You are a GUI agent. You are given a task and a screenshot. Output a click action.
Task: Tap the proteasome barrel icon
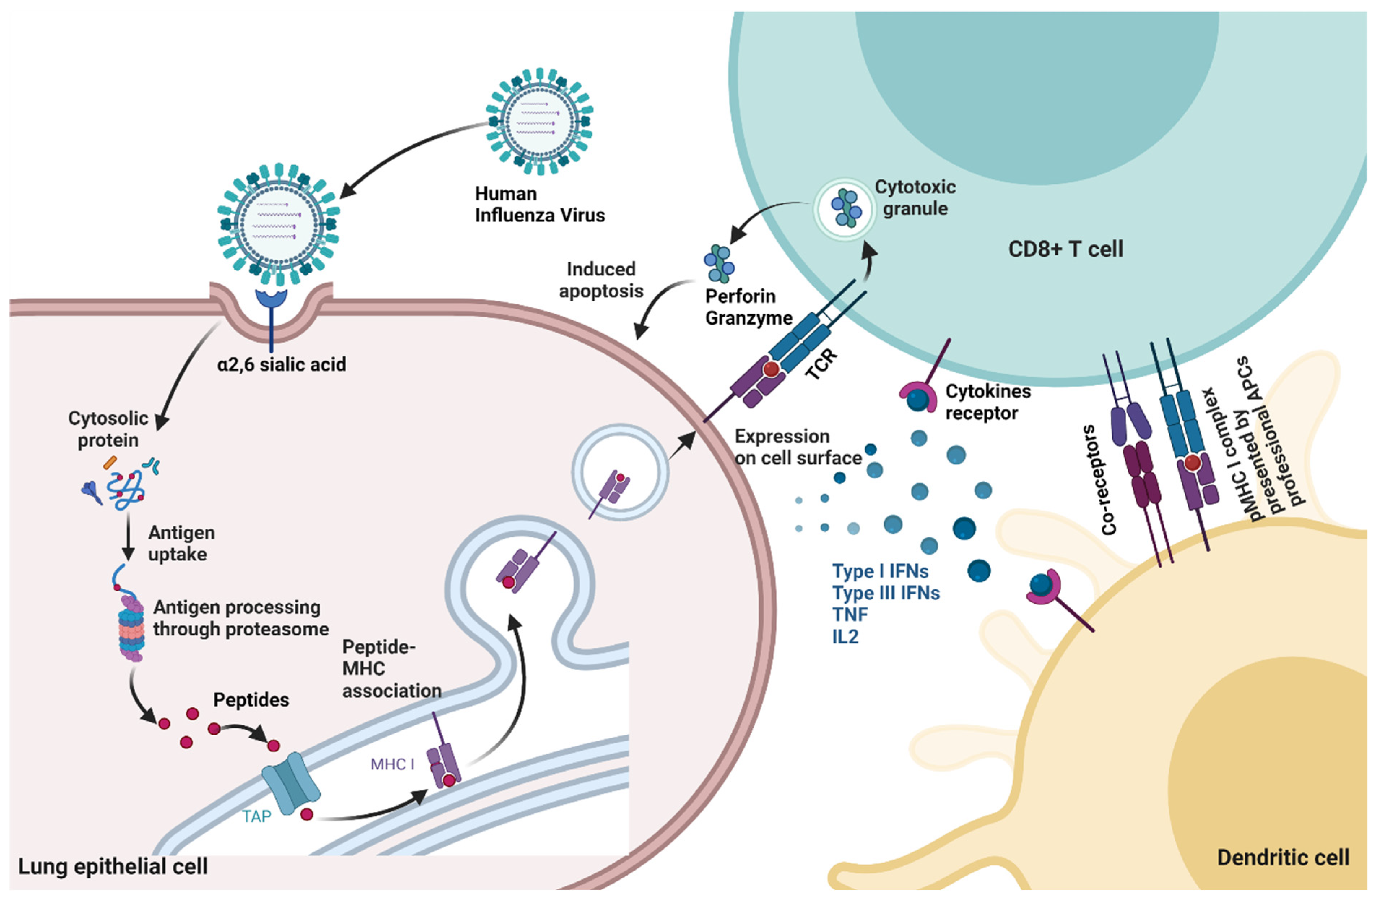point(131,630)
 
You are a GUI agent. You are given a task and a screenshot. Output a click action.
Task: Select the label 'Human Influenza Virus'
point(539,204)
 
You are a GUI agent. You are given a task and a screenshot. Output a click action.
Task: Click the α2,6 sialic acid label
point(282,365)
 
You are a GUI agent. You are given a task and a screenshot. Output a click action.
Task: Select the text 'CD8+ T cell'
point(1065,249)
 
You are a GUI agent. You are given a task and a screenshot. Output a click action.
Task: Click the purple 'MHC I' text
point(392,764)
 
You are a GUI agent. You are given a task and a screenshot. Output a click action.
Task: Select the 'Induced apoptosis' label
point(601,280)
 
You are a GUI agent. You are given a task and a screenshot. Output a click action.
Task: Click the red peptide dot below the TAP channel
point(307,815)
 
